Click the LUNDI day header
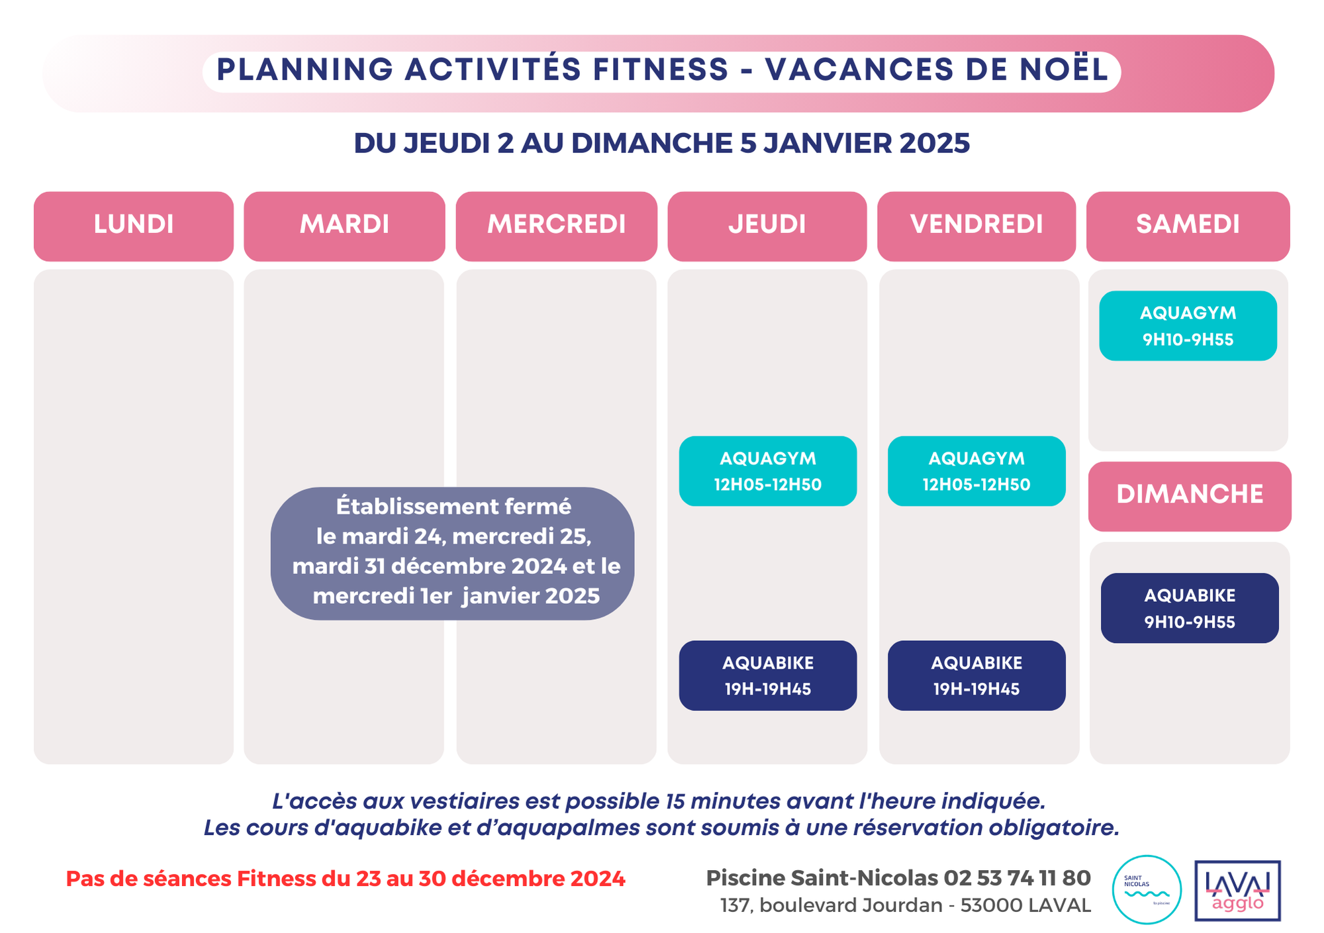click(134, 226)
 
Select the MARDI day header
click(344, 226)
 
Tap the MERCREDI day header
click(556, 226)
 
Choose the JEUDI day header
click(767, 226)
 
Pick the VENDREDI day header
click(976, 226)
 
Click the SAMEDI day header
click(1188, 226)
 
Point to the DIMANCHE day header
click(1190, 496)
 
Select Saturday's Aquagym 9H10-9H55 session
click(1188, 326)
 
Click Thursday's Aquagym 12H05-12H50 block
click(767, 471)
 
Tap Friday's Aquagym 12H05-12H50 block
click(976, 471)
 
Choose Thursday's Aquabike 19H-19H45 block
click(767, 675)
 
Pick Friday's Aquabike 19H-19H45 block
click(976, 675)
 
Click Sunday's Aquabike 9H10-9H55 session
click(1190, 608)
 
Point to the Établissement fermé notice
click(453, 553)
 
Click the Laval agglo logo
click(1237, 891)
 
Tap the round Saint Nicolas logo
click(1147, 889)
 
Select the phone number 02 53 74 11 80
click(1017, 878)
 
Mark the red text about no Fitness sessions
click(346, 879)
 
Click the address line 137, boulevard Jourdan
click(905, 905)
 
